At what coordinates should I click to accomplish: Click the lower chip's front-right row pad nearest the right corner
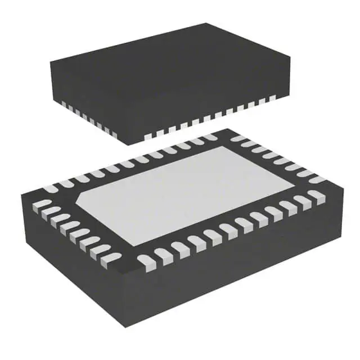pyautogui.click(x=315, y=196)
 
